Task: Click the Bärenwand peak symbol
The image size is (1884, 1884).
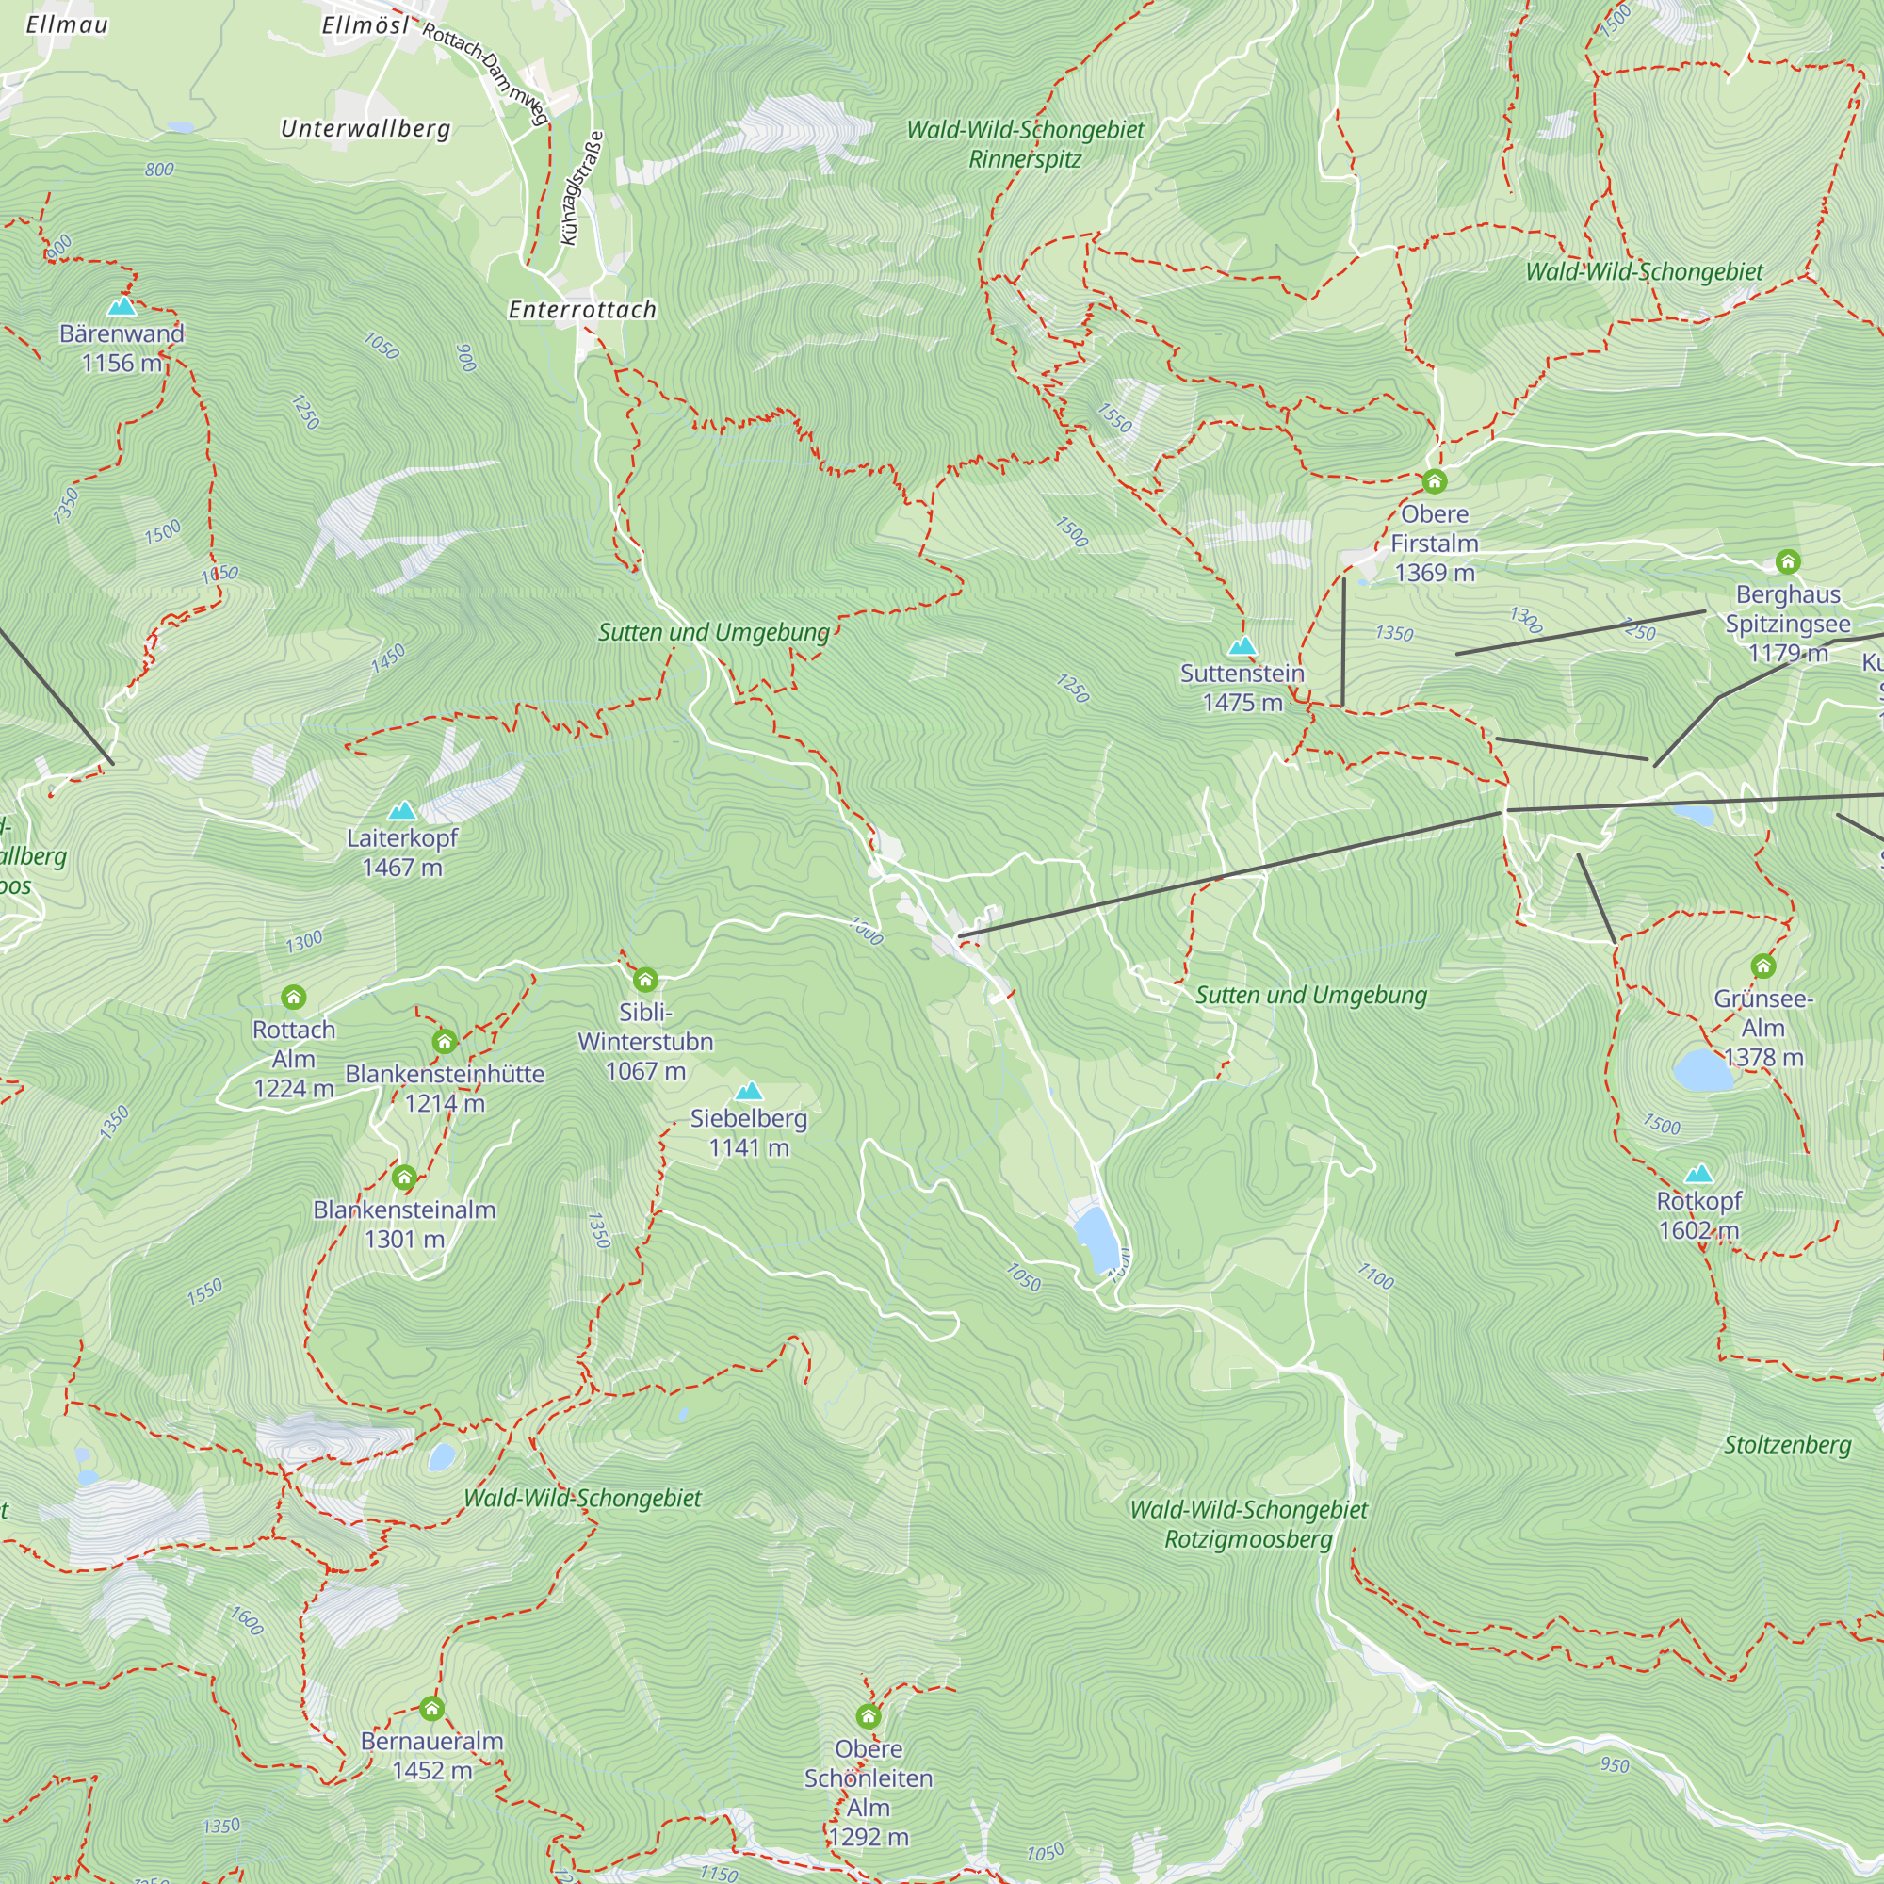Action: [122, 306]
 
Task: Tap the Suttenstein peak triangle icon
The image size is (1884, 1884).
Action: [1242, 645]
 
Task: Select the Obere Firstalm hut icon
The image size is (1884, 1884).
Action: [1434, 480]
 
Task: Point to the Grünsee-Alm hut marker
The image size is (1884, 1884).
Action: [1762, 966]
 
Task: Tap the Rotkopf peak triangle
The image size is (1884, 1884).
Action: [1698, 1173]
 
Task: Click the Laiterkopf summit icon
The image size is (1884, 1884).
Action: [402, 810]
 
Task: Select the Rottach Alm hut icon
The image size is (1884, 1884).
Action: [294, 997]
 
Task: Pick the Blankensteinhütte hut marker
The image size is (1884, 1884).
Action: [445, 1042]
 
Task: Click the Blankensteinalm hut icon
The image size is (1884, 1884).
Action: [404, 1177]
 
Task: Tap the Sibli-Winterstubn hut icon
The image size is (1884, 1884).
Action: [644, 979]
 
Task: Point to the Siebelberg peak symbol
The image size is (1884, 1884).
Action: [748, 1090]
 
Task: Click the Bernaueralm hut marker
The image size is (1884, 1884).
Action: [432, 1708]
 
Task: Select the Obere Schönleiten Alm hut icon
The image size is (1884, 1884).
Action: [868, 1715]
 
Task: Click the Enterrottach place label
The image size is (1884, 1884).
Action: [582, 310]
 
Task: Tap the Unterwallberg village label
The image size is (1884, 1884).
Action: [365, 129]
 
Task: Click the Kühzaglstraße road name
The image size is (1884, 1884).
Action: [582, 188]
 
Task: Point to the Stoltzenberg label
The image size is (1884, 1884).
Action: [1786, 1444]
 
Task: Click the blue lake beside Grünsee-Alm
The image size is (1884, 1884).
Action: [1702, 1070]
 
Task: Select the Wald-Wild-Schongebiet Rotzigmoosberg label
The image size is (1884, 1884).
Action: [1248, 1524]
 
